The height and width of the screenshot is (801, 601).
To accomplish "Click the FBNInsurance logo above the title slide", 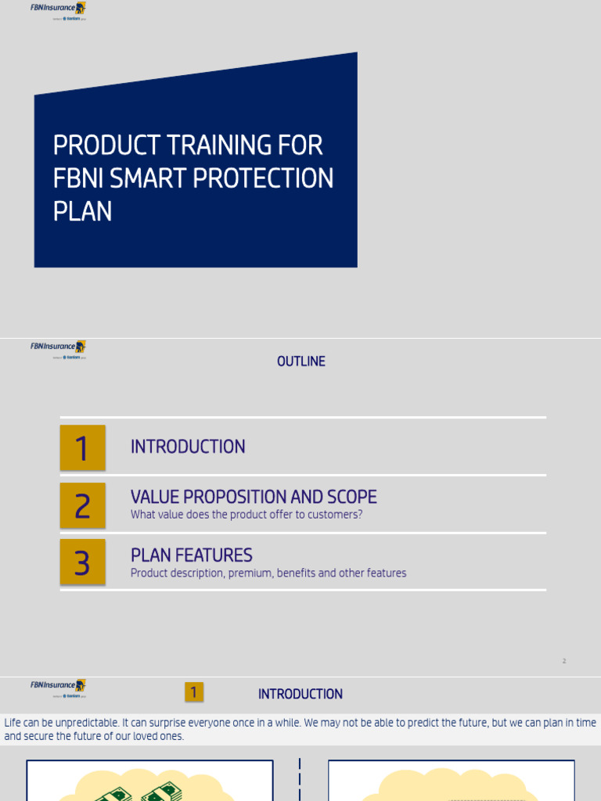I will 58,9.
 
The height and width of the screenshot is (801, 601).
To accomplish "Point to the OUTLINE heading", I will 300,361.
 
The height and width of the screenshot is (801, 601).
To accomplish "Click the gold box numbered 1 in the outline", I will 82,448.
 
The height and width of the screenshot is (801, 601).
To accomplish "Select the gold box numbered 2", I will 82,505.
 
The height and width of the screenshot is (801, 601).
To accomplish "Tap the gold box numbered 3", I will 82,562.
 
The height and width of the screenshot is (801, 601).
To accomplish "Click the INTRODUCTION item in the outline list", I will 188,447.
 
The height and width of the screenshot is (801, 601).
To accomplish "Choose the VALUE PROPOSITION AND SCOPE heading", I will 254,497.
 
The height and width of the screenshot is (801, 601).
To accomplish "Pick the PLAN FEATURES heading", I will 191,555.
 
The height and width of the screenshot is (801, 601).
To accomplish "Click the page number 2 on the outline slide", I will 563,661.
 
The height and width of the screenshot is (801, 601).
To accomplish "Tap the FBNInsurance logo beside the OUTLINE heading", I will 58,348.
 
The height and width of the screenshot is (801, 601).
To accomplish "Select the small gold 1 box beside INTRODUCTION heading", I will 194,692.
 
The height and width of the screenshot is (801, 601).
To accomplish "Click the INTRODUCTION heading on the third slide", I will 300,694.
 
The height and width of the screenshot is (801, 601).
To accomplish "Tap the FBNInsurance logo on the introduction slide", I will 58,687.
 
